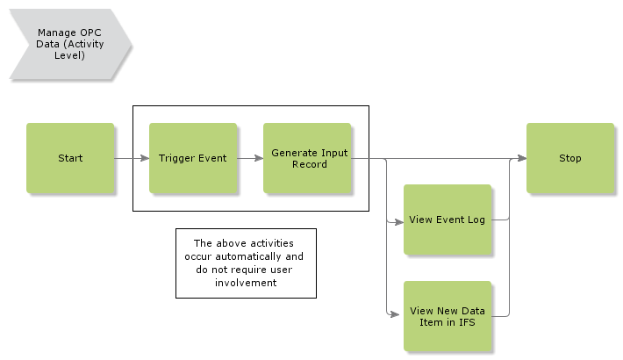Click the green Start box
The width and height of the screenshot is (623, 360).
70,158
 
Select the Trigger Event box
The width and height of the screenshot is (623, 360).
193,158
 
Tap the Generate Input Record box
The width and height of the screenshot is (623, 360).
307,158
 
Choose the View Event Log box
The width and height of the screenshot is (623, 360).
448,220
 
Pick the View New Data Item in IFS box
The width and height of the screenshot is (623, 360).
448,316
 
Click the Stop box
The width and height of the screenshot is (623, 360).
570,158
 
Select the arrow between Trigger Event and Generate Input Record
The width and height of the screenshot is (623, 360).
250,159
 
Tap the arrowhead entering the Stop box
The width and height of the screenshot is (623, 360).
521,159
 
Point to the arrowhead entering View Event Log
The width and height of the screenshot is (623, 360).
398,223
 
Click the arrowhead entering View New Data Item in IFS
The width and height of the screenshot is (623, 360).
398,313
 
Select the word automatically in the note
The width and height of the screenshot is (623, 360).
266,256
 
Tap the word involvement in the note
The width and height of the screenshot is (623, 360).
245,283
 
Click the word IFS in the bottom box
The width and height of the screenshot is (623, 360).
465,322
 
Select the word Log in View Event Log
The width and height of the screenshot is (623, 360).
476,220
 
